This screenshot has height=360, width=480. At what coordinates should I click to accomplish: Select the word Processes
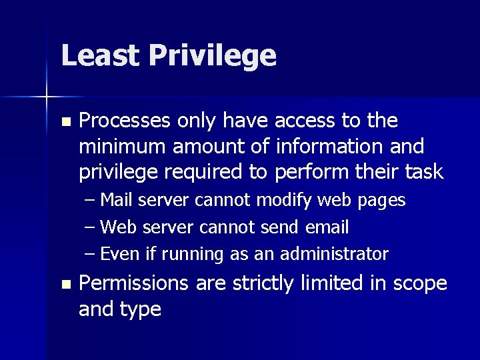coord(125,121)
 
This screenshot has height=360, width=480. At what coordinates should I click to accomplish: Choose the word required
coord(213,172)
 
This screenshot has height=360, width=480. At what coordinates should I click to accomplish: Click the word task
coord(422,172)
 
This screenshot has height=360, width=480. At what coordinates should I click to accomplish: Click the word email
coord(327,227)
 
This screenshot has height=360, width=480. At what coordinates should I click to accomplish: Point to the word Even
coord(119,254)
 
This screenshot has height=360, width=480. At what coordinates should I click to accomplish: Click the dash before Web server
coord(91,227)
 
